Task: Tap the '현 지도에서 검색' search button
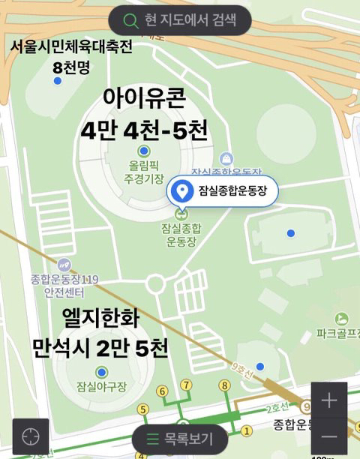click(179, 19)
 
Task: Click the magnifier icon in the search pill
click(132, 20)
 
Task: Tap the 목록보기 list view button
click(179, 439)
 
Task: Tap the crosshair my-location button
click(31, 437)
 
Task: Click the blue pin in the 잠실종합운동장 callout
click(181, 192)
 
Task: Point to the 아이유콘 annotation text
click(145, 97)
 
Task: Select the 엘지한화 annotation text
click(101, 315)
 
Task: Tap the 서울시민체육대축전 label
click(71, 47)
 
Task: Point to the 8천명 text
click(71, 67)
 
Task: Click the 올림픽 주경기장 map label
click(144, 172)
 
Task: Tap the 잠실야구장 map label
click(101, 387)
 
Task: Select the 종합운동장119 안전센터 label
click(64, 286)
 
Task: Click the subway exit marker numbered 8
click(223, 385)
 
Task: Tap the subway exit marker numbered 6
click(160, 391)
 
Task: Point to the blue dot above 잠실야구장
click(102, 372)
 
